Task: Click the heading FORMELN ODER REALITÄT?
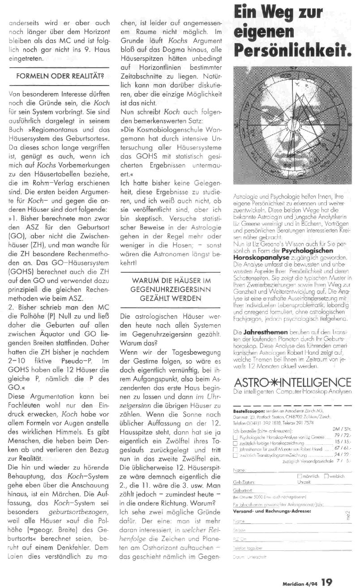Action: point(59,77)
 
